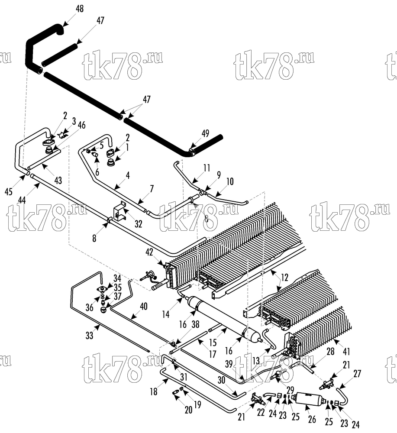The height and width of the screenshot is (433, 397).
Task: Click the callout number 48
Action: [80, 9]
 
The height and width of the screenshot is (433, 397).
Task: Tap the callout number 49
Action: [205, 133]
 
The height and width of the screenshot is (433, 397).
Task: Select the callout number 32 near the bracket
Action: [138, 224]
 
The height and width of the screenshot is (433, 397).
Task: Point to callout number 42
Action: [149, 252]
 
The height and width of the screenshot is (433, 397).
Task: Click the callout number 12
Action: [284, 277]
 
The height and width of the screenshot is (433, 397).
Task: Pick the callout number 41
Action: [346, 352]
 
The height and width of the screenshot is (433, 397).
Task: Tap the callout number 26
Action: [312, 419]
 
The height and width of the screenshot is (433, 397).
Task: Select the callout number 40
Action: [144, 306]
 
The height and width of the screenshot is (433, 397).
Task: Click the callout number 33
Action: [89, 336]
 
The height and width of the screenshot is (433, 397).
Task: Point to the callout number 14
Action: [166, 314]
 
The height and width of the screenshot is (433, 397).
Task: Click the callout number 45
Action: [9, 191]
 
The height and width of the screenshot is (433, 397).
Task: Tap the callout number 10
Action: [230, 181]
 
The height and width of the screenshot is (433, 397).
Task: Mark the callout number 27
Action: [357, 374]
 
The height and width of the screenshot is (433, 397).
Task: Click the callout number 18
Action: [154, 391]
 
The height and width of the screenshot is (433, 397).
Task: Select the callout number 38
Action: [195, 324]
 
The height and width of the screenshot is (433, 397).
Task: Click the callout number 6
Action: [97, 172]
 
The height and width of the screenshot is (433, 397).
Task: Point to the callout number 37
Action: [118, 296]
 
